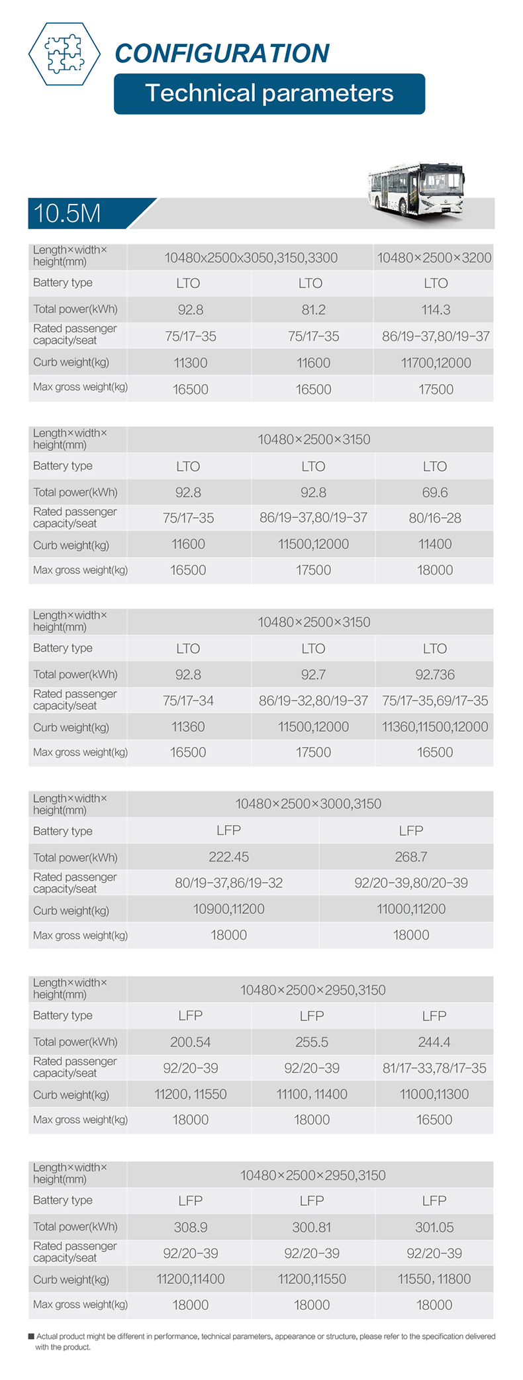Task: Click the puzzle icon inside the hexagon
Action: (64, 54)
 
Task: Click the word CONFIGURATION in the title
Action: (222, 54)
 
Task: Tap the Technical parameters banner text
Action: (269, 93)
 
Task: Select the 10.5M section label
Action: (67, 213)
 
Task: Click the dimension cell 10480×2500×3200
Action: (434, 258)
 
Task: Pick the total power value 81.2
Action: (313, 310)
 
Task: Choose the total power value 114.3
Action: (436, 310)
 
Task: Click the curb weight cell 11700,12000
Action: (436, 363)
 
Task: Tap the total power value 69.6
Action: (434, 493)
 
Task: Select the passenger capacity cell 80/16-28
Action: (434, 518)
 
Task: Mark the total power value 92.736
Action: (434, 675)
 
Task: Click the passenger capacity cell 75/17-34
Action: (188, 701)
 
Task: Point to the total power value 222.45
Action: (228, 857)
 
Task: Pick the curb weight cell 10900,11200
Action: (228, 909)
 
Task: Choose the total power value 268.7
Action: (410, 857)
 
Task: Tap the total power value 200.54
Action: (190, 1042)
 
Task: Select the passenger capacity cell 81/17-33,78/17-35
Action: (434, 1068)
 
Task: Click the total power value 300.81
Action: (311, 1228)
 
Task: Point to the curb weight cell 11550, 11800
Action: (434, 1279)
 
